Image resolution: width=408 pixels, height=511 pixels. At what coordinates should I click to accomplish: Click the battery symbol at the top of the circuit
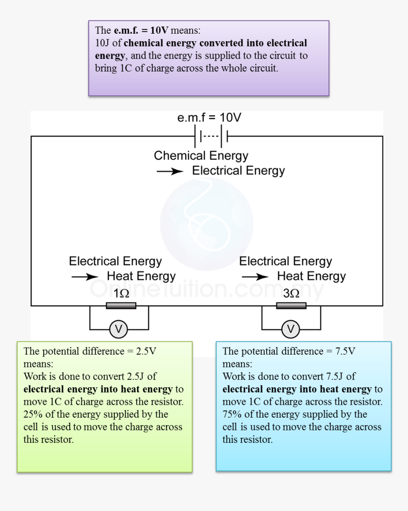pos(212,137)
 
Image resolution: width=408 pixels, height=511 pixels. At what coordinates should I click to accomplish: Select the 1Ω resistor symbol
pos(121,306)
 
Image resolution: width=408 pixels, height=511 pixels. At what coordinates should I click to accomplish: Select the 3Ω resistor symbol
pos(291,306)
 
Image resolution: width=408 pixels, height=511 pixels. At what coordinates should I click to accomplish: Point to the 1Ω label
pos(121,293)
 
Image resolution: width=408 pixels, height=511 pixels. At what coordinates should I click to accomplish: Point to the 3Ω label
pos(291,293)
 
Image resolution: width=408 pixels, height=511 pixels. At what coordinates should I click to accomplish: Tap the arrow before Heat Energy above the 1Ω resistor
pos(85,277)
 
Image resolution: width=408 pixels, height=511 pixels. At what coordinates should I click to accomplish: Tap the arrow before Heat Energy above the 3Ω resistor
pos(255,277)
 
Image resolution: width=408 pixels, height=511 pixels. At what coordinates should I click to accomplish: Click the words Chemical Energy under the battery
pos(201,156)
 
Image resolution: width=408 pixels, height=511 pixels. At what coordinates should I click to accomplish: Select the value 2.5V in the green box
pos(146,352)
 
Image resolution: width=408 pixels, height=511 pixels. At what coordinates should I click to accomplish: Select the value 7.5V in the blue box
pos(345,352)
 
